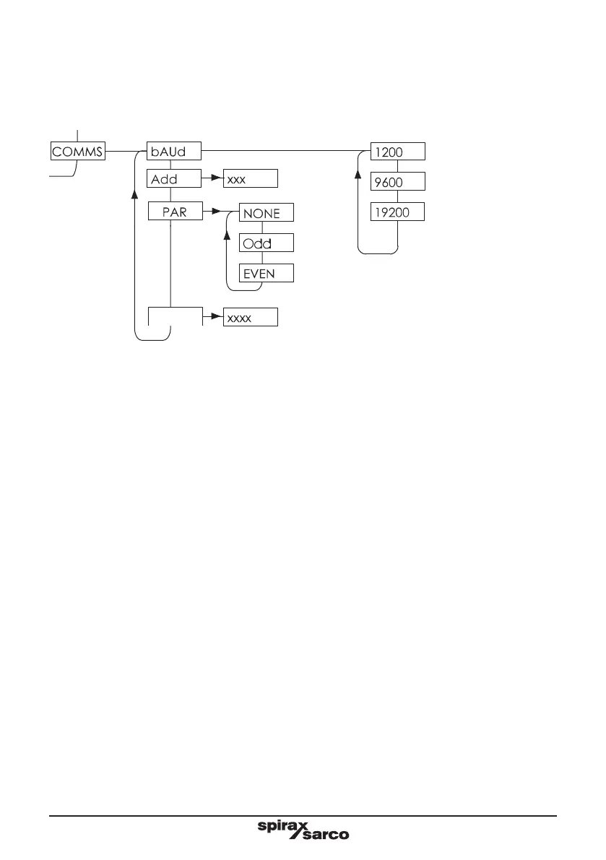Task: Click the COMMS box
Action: (x=78, y=152)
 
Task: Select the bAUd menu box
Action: (x=173, y=152)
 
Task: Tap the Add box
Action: (x=173, y=178)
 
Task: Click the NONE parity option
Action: (x=267, y=214)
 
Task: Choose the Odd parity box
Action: (x=267, y=243)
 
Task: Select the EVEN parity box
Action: (x=267, y=274)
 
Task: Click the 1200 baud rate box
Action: (x=397, y=152)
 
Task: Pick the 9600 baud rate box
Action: (x=397, y=182)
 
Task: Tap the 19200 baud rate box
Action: (x=397, y=212)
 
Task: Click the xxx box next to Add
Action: (x=250, y=178)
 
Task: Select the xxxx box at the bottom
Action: (x=250, y=318)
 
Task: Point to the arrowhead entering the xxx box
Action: (x=216, y=178)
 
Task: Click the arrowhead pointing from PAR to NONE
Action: (x=215, y=212)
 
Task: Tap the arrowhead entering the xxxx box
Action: (x=216, y=317)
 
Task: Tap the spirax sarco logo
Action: (x=303, y=829)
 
